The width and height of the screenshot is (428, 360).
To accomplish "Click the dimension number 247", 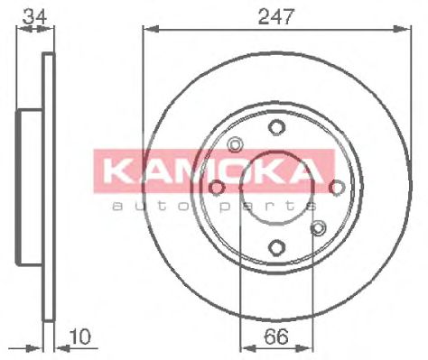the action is (275, 16).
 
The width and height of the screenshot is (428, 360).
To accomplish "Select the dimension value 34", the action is (35, 17).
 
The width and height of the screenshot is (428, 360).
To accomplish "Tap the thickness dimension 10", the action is (79, 337).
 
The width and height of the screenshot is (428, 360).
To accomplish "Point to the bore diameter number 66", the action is (276, 337).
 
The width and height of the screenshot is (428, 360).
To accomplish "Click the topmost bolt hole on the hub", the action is (276, 127).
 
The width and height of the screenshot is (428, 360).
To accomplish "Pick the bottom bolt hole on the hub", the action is (276, 247).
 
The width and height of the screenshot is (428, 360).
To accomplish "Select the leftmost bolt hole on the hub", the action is (217, 188).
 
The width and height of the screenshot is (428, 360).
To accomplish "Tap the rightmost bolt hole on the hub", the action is (337, 188).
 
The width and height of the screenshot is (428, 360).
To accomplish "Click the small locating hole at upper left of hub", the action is (235, 144).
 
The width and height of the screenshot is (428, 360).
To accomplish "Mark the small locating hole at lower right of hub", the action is (318, 227).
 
